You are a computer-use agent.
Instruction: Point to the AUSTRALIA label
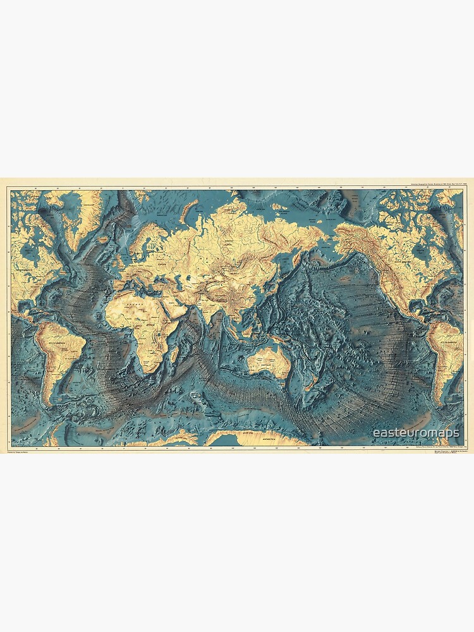264,364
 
